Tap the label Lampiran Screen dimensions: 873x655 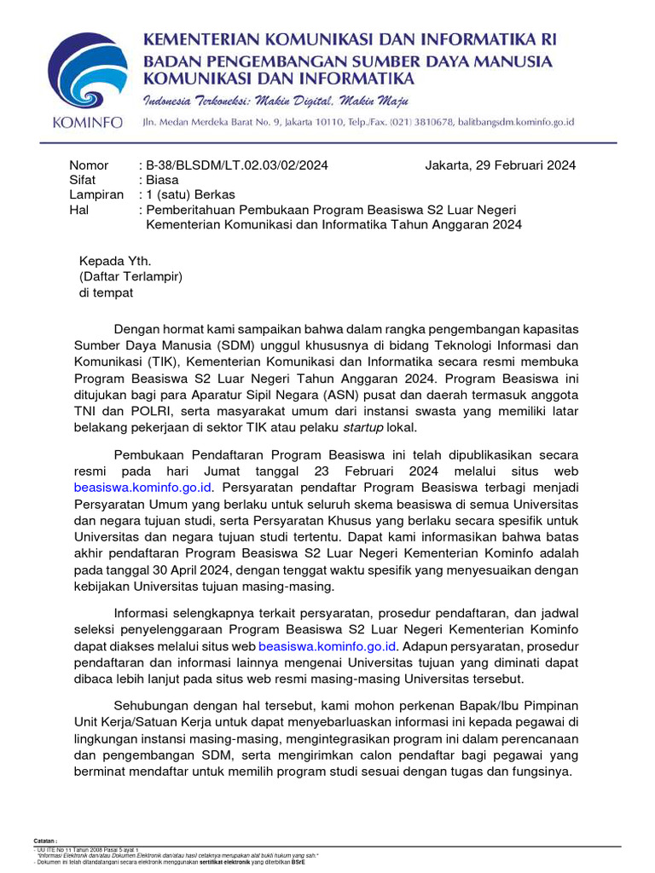[96, 195]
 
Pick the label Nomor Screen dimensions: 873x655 [89, 165]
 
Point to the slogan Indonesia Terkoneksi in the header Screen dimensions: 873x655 [200, 101]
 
